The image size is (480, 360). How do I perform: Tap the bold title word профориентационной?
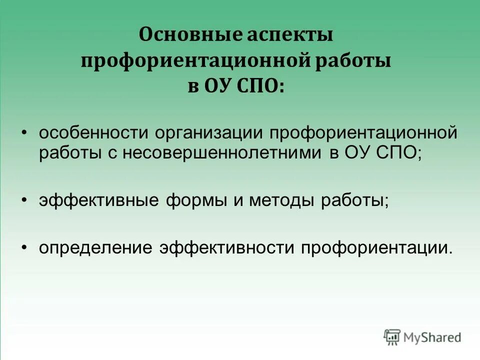point(193,62)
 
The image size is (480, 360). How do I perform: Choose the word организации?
point(210,134)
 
